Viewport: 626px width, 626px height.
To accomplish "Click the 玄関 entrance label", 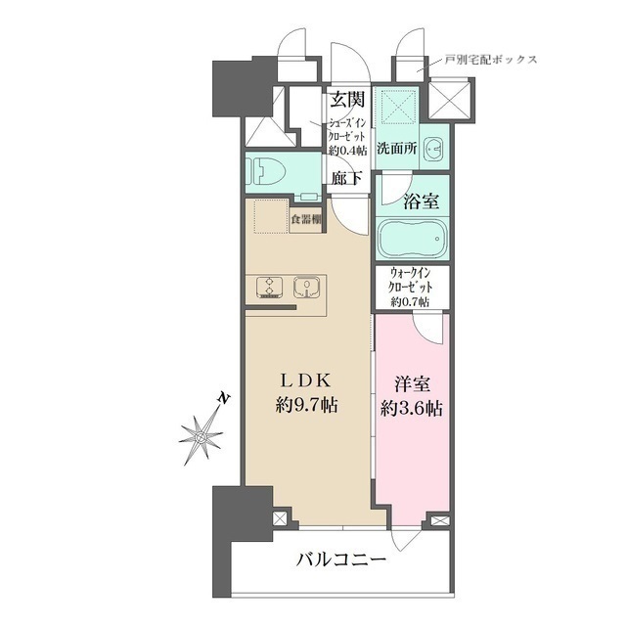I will coord(347,99).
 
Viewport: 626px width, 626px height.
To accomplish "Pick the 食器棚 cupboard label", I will coord(306,219).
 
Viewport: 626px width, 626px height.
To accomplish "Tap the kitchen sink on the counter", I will coord(306,288).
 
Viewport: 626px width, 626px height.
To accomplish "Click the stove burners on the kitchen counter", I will coord(267,288).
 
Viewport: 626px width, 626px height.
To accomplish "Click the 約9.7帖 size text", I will coord(304,405).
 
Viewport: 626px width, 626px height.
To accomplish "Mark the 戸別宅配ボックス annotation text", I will coord(490,60).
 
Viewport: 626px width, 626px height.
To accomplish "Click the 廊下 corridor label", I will coord(345,178).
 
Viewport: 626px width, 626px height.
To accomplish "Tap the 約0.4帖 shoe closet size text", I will coord(347,150).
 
